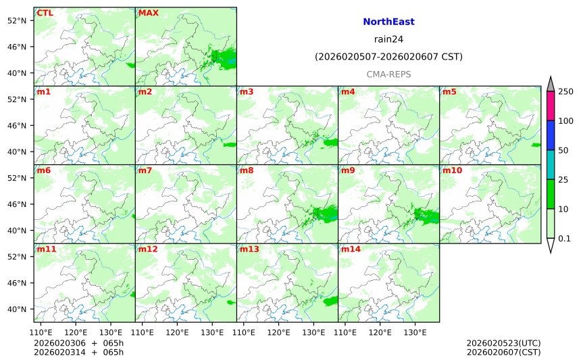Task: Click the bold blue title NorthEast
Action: coord(388,22)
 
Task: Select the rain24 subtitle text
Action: coord(388,39)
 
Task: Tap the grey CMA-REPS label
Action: coord(388,74)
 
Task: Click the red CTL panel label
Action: coord(45,13)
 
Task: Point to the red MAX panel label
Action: coord(148,13)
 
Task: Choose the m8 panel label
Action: coord(246,170)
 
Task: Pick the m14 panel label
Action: coord(350,249)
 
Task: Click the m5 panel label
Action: coord(449,91)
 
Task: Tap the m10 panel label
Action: coord(452,170)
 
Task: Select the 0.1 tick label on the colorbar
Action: coord(564,238)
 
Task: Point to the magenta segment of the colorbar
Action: coord(551,106)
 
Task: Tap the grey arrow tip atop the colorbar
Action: coord(551,83)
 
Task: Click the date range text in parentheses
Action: coord(388,57)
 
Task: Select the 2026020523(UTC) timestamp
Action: coord(503,343)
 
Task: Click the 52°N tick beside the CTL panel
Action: coord(21,20)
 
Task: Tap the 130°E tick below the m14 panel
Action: coord(414,332)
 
